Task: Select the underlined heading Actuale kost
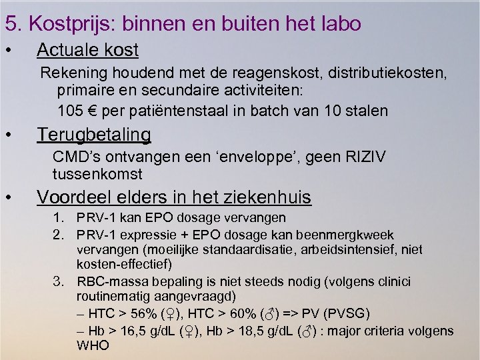click(87, 50)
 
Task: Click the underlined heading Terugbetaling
click(94, 135)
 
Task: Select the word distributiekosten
click(385, 72)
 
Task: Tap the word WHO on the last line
click(93, 346)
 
